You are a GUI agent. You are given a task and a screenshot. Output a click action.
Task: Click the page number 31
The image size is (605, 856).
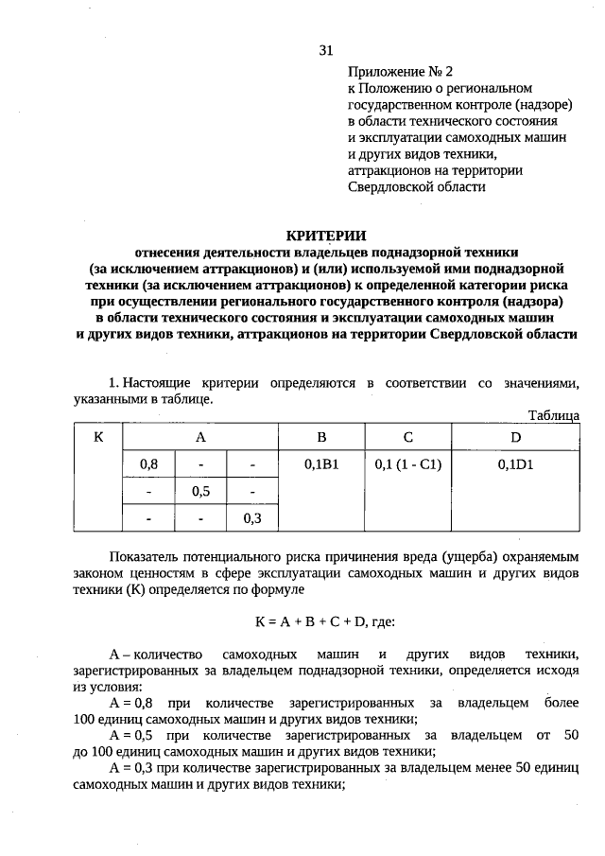click(326, 50)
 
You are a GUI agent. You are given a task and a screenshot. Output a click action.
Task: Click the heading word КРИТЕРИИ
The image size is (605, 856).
click(326, 235)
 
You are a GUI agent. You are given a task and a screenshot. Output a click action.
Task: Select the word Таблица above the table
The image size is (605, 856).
click(553, 415)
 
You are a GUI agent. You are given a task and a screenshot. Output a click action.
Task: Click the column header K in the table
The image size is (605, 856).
click(98, 437)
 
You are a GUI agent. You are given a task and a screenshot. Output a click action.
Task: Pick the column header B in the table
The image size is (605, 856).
click(321, 437)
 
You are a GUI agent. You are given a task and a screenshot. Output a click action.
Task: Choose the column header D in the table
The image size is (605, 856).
click(516, 437)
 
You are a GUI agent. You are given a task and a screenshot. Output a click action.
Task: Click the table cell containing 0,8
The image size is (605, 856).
click(148, 464)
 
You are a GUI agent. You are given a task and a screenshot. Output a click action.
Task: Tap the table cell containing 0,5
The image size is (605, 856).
click(200, 492)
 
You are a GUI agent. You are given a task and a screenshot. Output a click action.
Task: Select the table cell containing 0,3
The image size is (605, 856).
click(252, 518)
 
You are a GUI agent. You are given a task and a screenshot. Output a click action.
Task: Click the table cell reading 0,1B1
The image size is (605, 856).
click(321, 464)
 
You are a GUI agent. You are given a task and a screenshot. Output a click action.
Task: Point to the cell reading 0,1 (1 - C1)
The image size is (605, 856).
click(408, 464)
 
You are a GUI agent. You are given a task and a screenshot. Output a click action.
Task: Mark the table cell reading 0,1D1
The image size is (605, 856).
click(516, 464)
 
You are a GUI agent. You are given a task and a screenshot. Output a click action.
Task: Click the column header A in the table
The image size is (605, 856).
click(200, 437)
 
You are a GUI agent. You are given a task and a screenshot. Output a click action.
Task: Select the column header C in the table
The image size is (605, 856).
click(408, 437)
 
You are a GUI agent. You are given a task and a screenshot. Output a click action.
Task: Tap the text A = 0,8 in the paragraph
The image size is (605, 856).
click(132, 704)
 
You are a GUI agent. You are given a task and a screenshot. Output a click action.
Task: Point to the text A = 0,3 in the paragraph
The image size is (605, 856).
click(132, 767)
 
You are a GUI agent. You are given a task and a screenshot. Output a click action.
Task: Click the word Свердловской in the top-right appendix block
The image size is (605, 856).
click(389, 186)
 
